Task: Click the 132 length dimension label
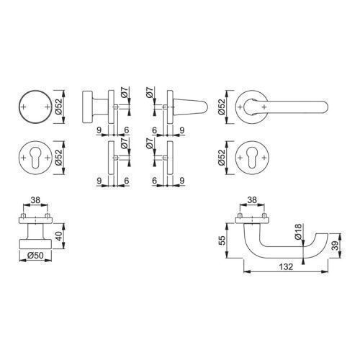click(286, 266)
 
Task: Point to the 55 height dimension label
click(222, 240)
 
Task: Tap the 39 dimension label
click(336, 246)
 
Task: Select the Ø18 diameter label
click(297, 232)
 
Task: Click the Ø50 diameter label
click(35, 256)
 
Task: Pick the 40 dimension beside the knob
click(60, 236)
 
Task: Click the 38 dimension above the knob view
click(35, 199)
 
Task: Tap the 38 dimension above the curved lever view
click(252, 199)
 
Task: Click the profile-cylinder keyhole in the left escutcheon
click(35, 158)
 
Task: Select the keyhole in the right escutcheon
click(252, 158)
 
